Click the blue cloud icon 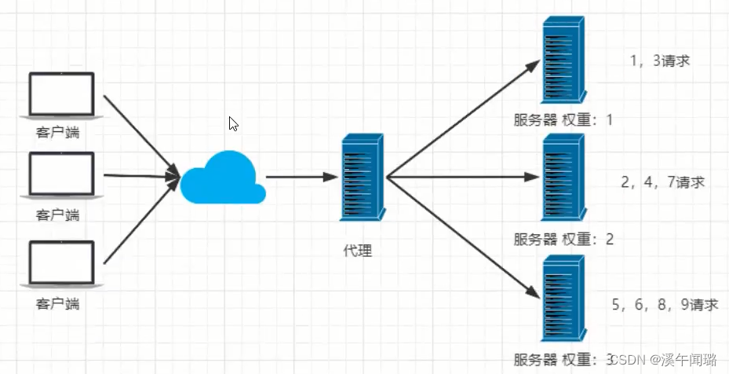click(221, 178)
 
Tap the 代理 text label click(358, 251)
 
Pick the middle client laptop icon click(61, 174)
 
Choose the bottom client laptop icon click(61, 263)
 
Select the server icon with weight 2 click(563, 176)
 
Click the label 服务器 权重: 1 click(563, 120)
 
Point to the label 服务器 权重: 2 click(563, 239)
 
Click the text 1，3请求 click(659, 60)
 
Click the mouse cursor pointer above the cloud click(233, 123)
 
